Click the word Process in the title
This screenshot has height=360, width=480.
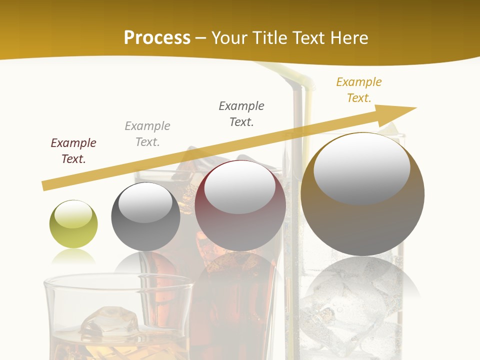157,37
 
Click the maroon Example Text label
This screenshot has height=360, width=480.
73,151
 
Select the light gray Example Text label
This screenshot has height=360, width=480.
147,134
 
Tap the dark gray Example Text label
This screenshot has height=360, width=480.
241,114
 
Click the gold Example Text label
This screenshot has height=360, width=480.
359,90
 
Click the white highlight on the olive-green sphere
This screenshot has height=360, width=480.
73,214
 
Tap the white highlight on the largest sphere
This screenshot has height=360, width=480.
361,168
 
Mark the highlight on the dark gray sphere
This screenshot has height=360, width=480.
145,202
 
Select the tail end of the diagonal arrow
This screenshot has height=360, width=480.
46,185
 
